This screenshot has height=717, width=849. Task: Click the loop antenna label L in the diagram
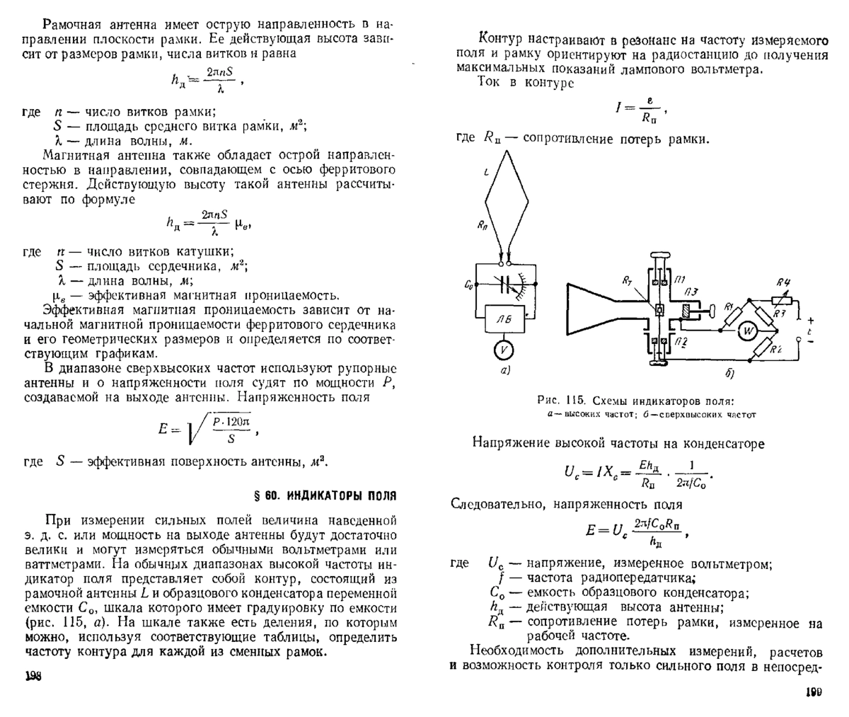486,172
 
